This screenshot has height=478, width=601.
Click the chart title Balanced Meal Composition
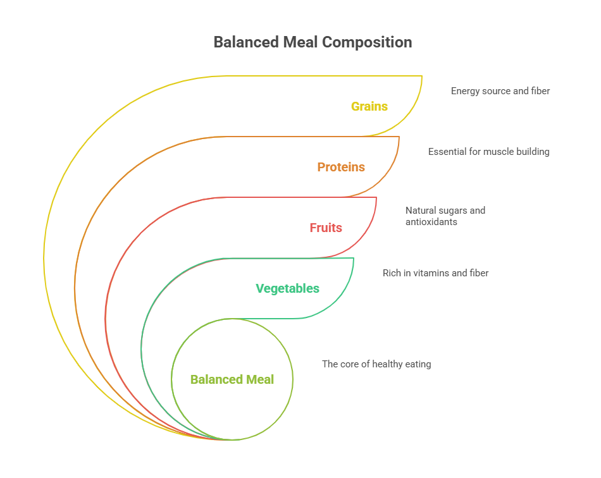[x=313, y=42]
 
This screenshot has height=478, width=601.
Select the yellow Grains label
[x=369, y=106]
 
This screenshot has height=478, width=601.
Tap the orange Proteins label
[x=341, y=167]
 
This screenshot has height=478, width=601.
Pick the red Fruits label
[x=326, y=228]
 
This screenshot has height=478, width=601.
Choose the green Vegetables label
[x=287, y=288]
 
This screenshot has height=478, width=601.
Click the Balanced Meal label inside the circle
[x=232, y=379]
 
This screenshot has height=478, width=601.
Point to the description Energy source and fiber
[x=500, y=91]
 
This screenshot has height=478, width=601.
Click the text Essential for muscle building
[x=488, y=152]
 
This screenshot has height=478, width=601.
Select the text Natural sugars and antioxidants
[x=445, y=216]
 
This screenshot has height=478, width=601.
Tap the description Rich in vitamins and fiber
[x=435, y=273]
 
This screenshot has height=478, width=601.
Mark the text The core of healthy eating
[x=376, y=364]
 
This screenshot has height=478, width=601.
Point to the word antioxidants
[x=432, y=222]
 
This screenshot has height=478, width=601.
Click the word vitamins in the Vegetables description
[x=428, y=273]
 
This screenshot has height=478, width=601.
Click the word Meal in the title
[x=301, y=42]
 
